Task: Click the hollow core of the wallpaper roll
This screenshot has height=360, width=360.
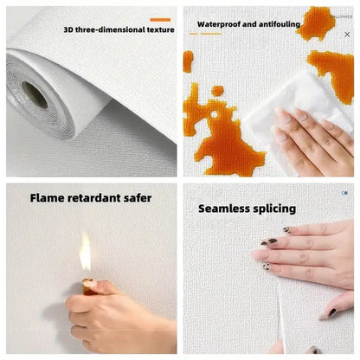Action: click(x=35, y=94)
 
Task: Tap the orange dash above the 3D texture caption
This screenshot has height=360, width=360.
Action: click(x=160, y=18)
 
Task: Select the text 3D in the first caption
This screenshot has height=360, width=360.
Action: click(x=69, y=30)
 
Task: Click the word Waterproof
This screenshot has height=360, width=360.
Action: click(x=220, y=25)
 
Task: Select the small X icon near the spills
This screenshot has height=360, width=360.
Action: click(x=347, y=35)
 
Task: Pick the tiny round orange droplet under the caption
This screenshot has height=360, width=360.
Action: click(x=217, y=91)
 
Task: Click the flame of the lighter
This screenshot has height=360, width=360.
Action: click(x=85, y=253)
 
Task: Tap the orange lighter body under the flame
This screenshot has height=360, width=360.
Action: click(x=89, y=285)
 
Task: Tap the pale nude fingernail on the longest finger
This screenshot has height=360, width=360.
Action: click(x=260, y=254)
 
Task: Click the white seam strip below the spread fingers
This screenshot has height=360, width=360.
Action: click(x=282, y=320)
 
